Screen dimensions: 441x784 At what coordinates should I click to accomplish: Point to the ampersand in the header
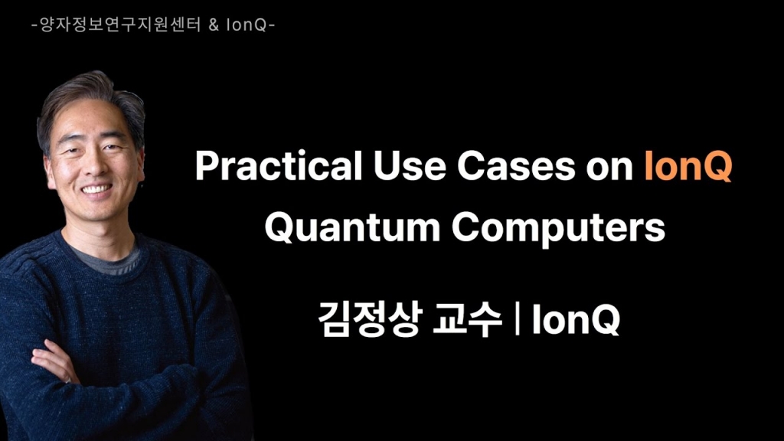(213, 25)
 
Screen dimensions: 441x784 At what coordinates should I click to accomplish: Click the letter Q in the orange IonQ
(715, 167)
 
